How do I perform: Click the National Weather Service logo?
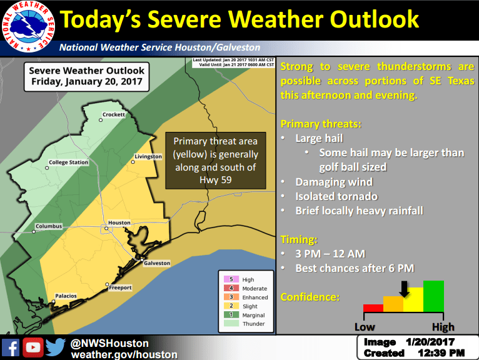pyautogui.click(x=28, y=27)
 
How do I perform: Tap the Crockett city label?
pyautogui.click(x=114, y=115)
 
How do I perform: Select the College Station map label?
pyautogui.click(x=69, y=163)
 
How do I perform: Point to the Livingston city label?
pyautogui.click(x=148, y=156)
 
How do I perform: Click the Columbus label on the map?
pyautogui.click(x=49, y=226)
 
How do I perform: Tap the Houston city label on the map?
pyautogui.click(x=119, y=223)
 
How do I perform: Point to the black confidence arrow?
pyautogui.click(x=404, y=288)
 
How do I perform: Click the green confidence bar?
pyautogui.click(x=433, y=296)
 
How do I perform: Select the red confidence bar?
pyautogui.click(x=373, y=307)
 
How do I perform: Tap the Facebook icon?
pyautogui.click(x=11, y=347)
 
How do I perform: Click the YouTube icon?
pyautogui.click(x=32, y=347)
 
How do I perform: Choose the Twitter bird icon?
pyautogui.click(x=55, y=347)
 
